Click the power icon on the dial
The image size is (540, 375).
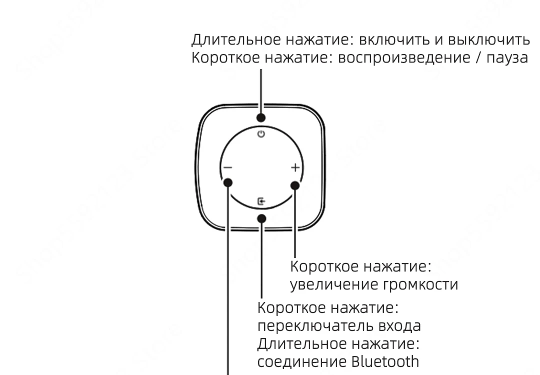tap(260, 134)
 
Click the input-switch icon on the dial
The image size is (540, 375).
tap(261, 201)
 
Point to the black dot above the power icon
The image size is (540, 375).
tap(261, 118)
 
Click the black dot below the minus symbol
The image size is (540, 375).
tap(228, 183)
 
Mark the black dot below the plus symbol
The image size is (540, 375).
tap(294, 186)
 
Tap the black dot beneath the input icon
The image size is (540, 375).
tap(261, 217)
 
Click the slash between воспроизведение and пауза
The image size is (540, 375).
tap(472, 58)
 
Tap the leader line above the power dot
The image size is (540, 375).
tap(261, 90)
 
